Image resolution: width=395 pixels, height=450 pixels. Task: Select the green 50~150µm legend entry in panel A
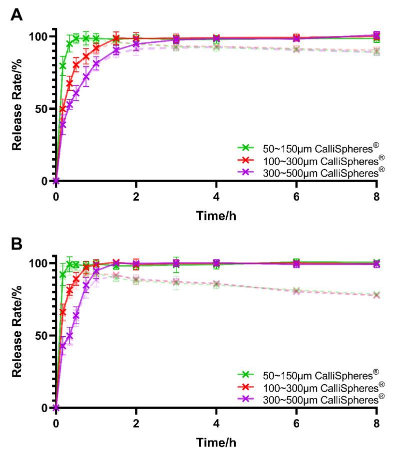pyautogui.click(x=310, y=148)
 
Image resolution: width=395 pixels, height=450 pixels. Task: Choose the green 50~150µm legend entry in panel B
pyautogui.click(x=310, y=374)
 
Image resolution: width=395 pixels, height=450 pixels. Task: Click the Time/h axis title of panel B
pyautogui.click(x=216, y=442)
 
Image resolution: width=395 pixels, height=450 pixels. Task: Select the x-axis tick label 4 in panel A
pyautogui.click(x=216, y=196)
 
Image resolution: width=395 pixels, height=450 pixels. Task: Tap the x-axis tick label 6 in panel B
pyautogui.click(x=297, y=423)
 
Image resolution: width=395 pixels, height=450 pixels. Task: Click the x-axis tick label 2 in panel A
pyautogui.click(x=136, y=196)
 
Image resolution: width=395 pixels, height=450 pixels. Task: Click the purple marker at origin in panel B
pyautogui.click(x=56, y=408)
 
